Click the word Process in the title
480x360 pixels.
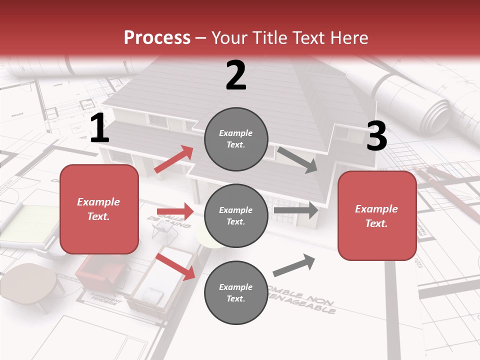[157, 37]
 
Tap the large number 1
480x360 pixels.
[99, 128]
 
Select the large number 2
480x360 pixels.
[236, 75]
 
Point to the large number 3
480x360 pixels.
[376, 136]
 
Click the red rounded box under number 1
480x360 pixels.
[99, 209]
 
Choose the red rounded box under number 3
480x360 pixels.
[377, 215]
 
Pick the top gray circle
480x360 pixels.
[236, 139]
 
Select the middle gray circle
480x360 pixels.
[236, 215]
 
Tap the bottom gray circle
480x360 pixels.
[236, 292]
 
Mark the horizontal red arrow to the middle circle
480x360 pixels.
[175, 211]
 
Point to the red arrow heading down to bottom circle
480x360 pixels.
[175, 266]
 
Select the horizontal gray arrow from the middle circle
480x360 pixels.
[296, 210]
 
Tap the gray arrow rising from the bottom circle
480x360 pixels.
[294, 265]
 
